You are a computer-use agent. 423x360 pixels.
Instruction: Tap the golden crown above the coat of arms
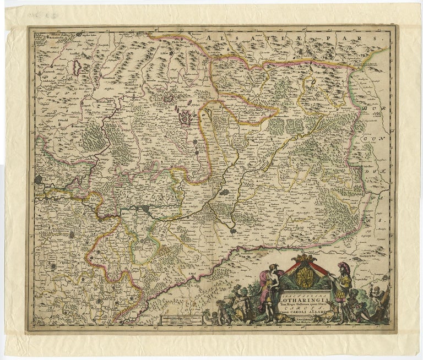[302, 258]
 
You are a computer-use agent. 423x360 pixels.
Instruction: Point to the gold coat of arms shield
[302, 275]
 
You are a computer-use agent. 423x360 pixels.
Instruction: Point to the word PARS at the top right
[358, 40]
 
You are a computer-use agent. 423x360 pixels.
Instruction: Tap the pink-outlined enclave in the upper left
[77, 68]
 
